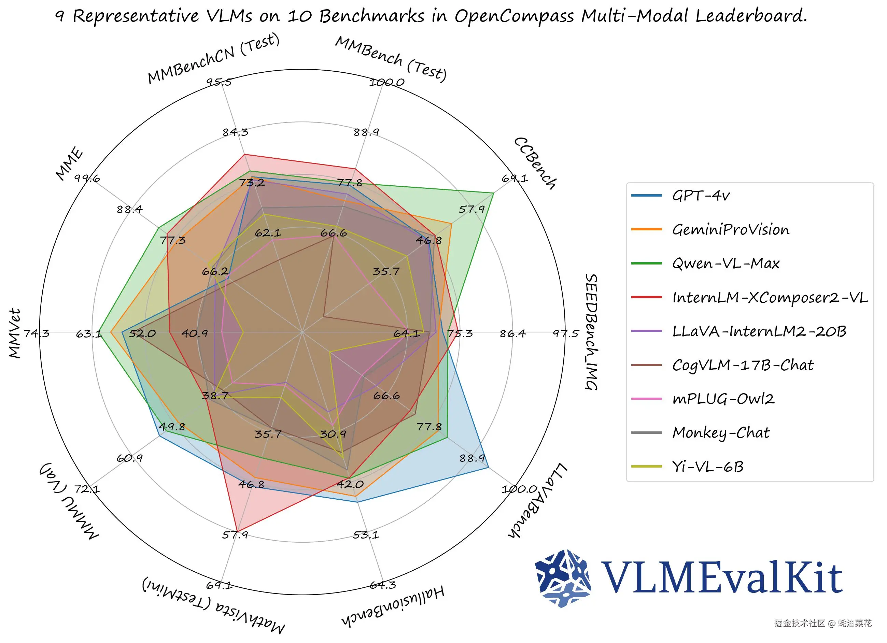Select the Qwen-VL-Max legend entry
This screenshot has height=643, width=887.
pyautogui.click(x=726, y=263)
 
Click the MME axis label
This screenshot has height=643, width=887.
pyautogui.click(x=69, y=164)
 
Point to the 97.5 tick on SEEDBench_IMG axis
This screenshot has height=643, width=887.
pyautogui.click(x=565, y=333)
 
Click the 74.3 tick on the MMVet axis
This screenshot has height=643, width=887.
pyautogui.click(x=37, y=333)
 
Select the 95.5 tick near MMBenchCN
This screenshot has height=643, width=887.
pyautogui.click(x=219, y=82)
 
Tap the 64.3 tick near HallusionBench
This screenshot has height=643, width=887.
pyautogui.click(x=382, y=585)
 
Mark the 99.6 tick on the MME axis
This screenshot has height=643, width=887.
pyautogui.click(x=87, y=178)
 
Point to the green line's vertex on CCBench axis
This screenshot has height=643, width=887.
pyautogui.click(x=494, y=193)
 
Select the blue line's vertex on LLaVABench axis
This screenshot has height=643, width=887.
pyautogui.click(x=489, y=468)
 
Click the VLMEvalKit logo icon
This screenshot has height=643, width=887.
pyautogui.click(x=563, y=578)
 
